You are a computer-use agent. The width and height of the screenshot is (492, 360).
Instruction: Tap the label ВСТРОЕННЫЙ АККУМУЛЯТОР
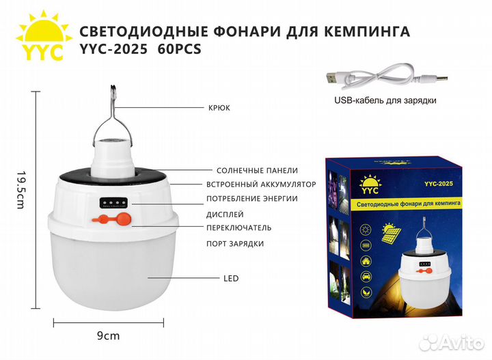coord(261,184)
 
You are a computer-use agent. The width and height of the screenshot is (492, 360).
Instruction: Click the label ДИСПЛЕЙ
coord(230,213)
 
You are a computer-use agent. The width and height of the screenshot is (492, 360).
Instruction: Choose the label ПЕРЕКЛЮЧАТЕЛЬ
coord(244,227)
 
